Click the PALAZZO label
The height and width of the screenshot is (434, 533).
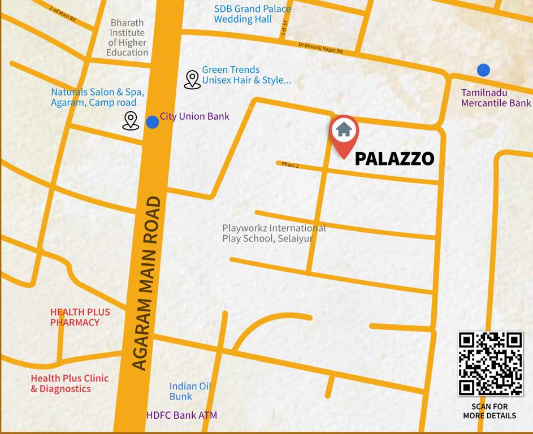pos(394,159)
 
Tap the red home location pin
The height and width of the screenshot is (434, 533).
pos(344,133)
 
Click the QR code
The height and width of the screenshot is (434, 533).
pos(490,363)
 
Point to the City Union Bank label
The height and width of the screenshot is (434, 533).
pos(194,116)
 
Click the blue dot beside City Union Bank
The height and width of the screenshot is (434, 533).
pos(153,121)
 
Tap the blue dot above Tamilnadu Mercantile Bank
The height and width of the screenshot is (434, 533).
pos(483,70)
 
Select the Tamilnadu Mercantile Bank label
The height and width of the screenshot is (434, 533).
pos(496,98)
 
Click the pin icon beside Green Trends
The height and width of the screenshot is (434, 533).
pos(192,80)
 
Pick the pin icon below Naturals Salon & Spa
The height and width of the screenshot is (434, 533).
pos(131,120)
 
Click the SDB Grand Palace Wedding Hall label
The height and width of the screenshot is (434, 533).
pos(252,14)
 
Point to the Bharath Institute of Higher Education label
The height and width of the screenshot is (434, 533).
pos(127,38)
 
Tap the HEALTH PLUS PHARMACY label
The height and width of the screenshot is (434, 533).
pos(80,317)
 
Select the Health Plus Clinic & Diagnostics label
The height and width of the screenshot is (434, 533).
pos(70,383)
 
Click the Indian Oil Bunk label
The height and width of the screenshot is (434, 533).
pos(190,391)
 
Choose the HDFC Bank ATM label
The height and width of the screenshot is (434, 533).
pos(181,415)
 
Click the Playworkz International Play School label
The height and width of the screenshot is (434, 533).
pos(274,233)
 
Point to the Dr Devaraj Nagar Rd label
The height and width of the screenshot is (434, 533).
pos(320,47)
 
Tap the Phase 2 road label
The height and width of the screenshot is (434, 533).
pos(290,165)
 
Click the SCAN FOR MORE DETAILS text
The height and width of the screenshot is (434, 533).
pos(489,411)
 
